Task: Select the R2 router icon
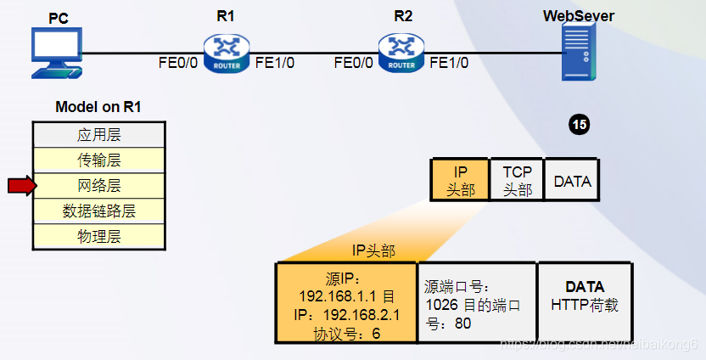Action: point(401,52)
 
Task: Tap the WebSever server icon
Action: point(579,52)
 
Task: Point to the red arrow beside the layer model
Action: point(22,185)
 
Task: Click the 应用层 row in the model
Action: point(99,134)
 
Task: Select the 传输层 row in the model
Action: point(99,160)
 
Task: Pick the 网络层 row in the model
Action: point(99,185)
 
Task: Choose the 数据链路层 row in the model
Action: point(99,211)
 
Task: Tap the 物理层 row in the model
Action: point(99,236)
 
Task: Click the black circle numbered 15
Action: point(580,126)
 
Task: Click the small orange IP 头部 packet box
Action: point(460,180)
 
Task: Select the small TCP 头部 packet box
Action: point(517,180)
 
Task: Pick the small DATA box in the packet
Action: point(572,180)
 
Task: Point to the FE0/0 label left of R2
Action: point(355,62)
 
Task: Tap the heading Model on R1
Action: point(98,107)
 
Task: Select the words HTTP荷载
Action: point(585,305)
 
